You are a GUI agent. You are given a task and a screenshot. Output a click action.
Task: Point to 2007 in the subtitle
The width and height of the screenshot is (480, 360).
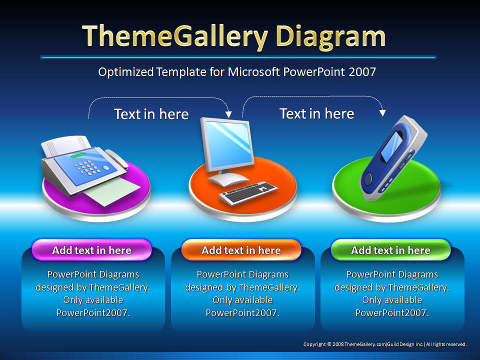(x=362, y=72)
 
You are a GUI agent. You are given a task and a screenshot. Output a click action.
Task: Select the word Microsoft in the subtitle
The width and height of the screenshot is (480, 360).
(x=253, y=72)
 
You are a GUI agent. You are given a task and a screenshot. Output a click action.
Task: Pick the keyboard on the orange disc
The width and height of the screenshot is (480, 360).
(x=248, y=193)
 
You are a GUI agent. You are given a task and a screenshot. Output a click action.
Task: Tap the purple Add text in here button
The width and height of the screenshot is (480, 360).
(x=91, y=250)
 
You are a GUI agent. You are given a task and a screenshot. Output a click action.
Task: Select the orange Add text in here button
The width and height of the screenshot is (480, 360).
(x=241, y=250)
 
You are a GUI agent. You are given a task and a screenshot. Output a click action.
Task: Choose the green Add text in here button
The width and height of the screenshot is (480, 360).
(x=390, y=250)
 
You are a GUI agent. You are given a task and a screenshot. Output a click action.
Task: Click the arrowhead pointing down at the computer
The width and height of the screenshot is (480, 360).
(x=228, y=114)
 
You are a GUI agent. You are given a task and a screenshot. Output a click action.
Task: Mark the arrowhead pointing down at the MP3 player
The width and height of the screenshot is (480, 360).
(x=382, y=113)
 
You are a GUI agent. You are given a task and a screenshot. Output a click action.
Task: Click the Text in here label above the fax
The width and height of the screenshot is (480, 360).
(x=151, y=114)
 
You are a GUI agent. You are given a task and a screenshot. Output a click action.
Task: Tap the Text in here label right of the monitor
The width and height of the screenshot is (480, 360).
(x=316, y=113)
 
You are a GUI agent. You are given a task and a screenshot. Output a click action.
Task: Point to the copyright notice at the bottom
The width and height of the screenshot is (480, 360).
(x=384, y=344)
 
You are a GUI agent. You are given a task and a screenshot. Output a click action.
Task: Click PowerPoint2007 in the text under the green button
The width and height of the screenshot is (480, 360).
(x=391, y=313)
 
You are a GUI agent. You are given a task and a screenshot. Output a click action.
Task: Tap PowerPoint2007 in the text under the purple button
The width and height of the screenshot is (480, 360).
(x=92, y=313)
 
